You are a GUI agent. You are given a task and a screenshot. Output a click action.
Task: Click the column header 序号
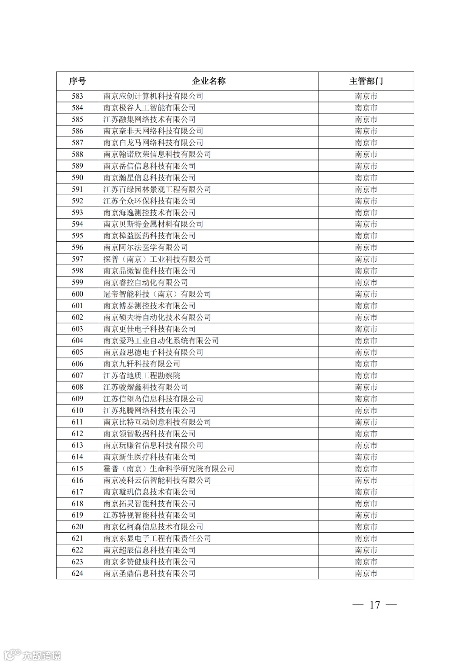click(77, 81)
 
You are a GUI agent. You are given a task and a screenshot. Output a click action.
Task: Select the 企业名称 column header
click(209, 81)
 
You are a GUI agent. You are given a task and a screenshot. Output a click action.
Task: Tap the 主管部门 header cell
click(366, 81)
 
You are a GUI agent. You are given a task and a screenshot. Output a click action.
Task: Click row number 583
click(77, 96)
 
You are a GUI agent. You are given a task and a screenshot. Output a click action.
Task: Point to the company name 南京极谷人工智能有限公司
click(149, 108)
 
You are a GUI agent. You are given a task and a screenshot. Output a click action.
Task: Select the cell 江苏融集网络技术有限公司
click(149, 120)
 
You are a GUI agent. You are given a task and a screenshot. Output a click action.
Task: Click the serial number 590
click(77, 177)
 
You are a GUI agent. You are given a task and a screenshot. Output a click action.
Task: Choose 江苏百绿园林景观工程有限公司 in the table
click(157, 189)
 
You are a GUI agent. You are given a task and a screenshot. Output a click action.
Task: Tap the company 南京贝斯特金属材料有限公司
click(153, 224)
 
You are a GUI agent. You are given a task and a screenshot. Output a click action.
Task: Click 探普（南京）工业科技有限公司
click(157, 259)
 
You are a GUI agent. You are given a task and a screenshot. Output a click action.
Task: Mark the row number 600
click(77, 294)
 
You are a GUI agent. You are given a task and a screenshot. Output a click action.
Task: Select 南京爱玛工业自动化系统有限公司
click(161, 340)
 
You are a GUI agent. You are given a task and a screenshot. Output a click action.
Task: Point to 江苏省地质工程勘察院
click(142, 375)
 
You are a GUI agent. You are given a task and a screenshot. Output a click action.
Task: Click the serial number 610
click(77, 410)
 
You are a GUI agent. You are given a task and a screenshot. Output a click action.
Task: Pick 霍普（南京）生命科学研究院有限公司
click(169, 468)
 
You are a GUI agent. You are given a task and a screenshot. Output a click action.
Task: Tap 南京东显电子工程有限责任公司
click(157, 538)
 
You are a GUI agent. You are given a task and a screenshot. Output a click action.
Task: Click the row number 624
click(77, 573)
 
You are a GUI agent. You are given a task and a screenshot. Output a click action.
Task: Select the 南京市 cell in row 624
click(366, 573)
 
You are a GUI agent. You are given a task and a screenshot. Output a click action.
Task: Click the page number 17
click(375, 605)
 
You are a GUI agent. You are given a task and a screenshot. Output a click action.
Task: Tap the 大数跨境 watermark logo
click(33, 654)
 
